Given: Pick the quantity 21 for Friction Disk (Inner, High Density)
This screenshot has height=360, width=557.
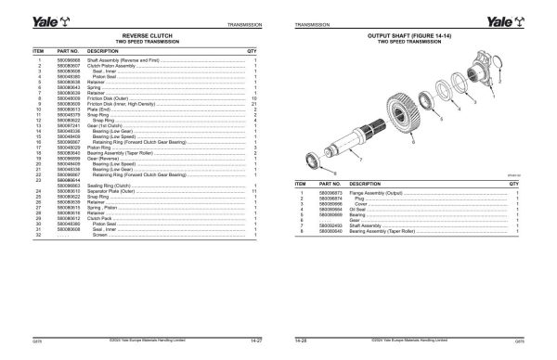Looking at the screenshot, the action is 254,102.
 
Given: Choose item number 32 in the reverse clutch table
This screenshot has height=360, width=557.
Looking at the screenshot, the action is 40,236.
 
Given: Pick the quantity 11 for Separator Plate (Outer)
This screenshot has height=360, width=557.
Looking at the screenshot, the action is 254,191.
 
